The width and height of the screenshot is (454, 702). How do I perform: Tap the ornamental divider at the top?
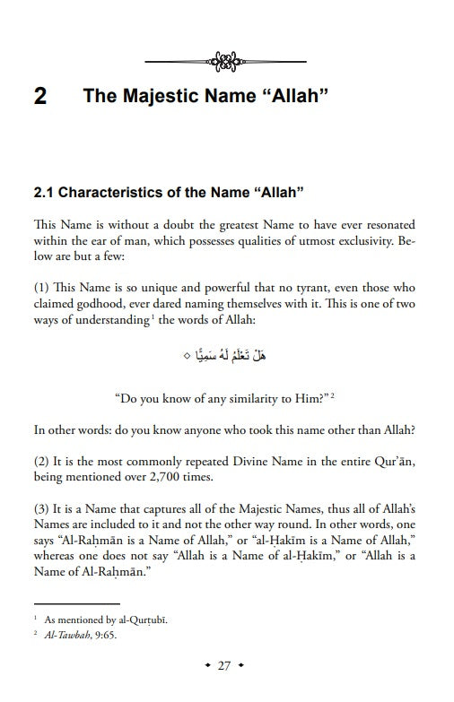pos(226,62)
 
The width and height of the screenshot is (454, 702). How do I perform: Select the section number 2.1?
pos(45,192)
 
